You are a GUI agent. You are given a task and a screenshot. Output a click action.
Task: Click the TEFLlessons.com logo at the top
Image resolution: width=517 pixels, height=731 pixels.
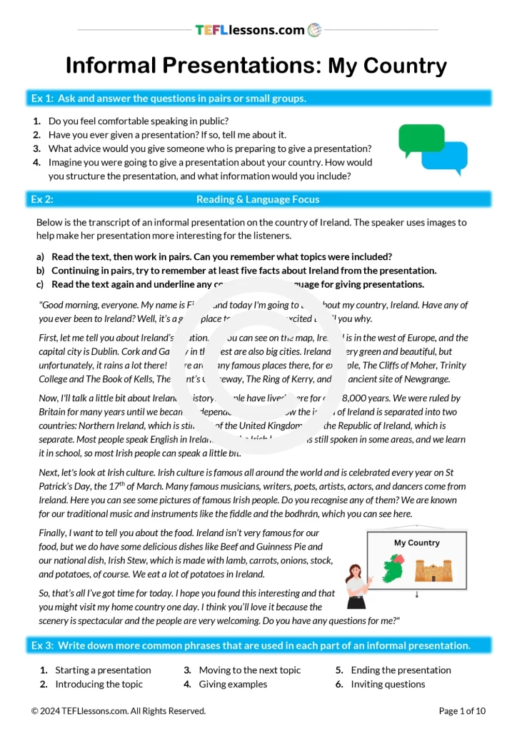[x=258, y=30]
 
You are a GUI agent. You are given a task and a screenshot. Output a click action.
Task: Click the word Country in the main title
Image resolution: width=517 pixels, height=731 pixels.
[x=388, y=66]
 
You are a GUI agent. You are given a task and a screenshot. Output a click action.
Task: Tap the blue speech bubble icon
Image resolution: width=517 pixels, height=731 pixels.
[x=445, y=158]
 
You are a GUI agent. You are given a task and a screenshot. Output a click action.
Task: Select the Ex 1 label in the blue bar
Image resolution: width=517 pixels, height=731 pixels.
[x=42, y=99]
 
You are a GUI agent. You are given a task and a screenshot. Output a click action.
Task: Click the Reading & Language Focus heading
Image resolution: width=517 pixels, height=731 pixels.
[x=258, y=200]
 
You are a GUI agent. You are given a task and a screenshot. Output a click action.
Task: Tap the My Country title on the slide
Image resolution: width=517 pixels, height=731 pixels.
[x=417, y=543]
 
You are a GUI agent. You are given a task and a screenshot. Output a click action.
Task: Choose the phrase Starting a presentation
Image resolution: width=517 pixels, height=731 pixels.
[x=103, y=670]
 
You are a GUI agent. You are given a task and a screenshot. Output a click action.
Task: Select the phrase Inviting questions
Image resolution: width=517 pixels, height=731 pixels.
[x=388, y=685]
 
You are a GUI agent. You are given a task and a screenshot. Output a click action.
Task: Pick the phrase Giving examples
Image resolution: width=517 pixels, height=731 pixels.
[x=233, y=685]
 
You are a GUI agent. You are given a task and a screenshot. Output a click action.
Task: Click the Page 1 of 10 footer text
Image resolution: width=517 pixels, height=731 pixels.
[x=462, y=711]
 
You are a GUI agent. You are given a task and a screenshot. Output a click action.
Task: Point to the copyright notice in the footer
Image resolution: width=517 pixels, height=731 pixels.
[x=119, y=711]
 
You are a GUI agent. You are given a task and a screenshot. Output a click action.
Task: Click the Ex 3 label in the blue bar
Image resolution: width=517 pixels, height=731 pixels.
[x=42, y=645]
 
